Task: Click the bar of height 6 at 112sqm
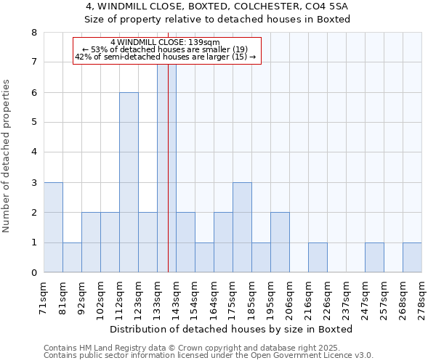[129, 183]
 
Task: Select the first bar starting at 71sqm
[53, 228]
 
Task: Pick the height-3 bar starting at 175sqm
[242, 228]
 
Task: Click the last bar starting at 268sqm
[412, 258]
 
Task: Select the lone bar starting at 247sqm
[374, 258]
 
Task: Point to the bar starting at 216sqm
[318, 258]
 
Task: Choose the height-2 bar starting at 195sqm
[280, 243]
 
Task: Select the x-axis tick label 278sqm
[422, 298]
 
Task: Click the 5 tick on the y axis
[33, 123]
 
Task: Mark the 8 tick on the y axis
[33, 33]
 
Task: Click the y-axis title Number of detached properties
[7, 156]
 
